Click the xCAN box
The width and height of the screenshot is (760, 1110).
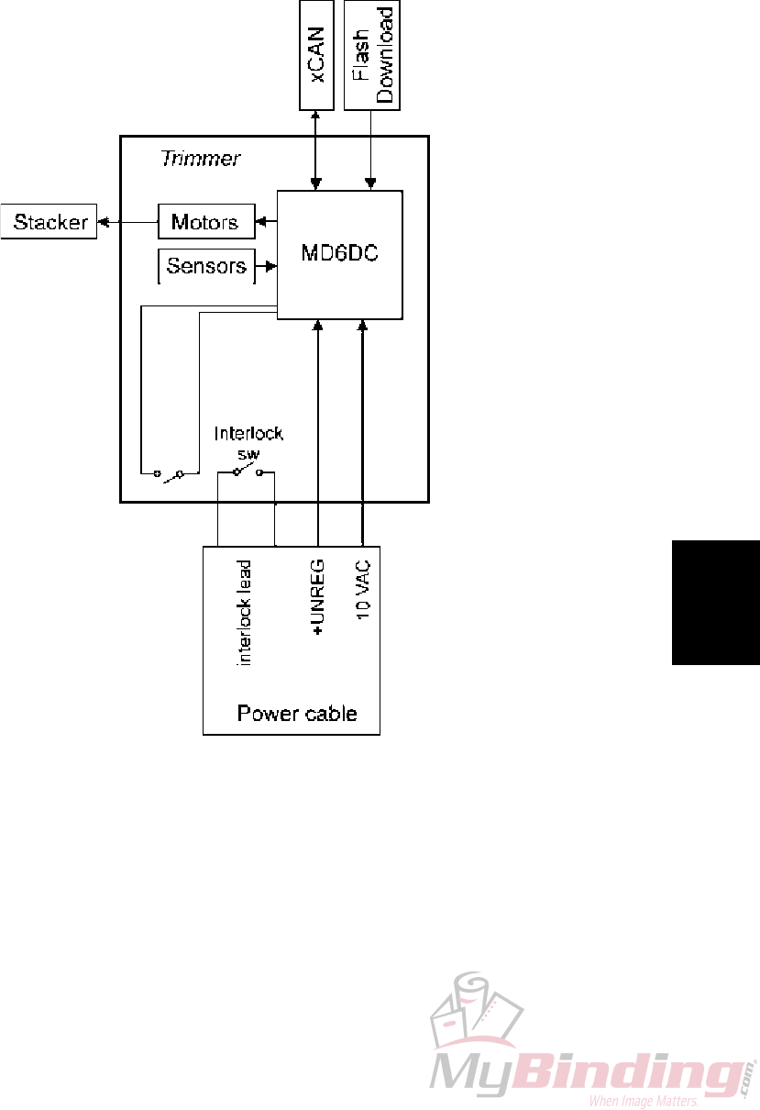tap(318, 55)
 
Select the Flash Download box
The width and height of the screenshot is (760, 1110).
tap(373, 55)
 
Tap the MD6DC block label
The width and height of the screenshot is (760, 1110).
tap(340, 254)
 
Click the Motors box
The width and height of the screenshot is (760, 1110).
tap(205, 222)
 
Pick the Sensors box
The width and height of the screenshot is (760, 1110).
tap(206, 267)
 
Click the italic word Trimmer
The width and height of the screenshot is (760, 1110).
tap(201, 159)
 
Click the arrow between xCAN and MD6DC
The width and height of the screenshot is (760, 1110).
tap(315, 150)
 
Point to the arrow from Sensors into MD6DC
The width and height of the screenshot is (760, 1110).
tap(267, 267)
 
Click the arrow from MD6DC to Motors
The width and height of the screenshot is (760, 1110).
tap(267, 222)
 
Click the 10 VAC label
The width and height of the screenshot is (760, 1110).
tap(363, 594)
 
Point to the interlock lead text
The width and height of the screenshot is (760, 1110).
tap(245, 612)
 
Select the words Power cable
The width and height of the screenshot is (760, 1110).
tap(297, 714)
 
